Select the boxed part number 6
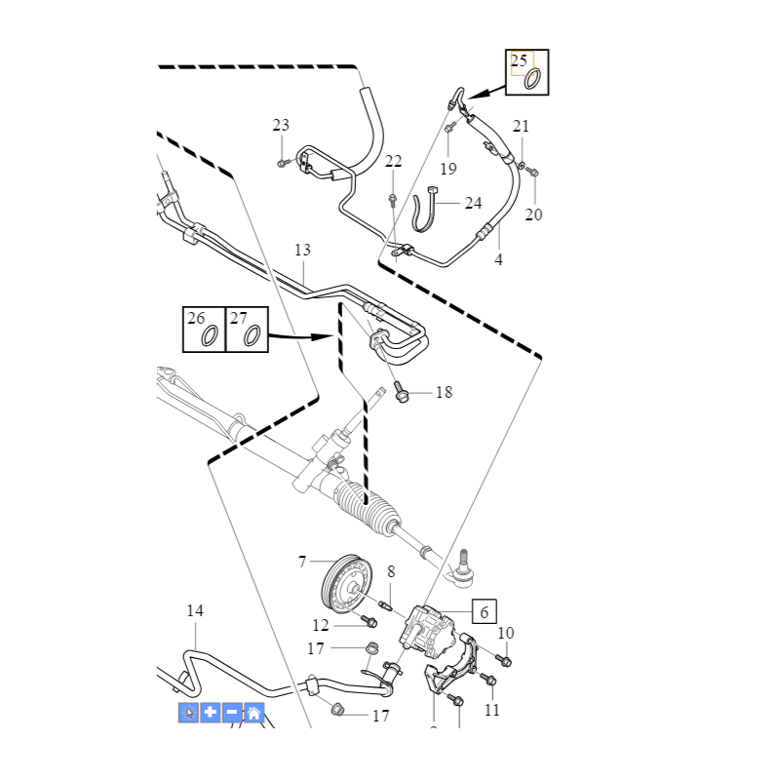(x=484, y=611)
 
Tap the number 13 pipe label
(x=302, y=251)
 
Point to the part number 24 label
(x=473, y=203)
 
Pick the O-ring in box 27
(x=252, y=335)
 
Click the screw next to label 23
(x=282, y=162)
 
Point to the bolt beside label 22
(x=392, y=199)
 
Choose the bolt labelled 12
(x=370, y=620)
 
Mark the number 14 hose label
(x=195, y=611)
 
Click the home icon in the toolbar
(x=253, y=713)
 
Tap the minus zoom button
(x=232, y=713)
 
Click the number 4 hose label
(x=498, y=260)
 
